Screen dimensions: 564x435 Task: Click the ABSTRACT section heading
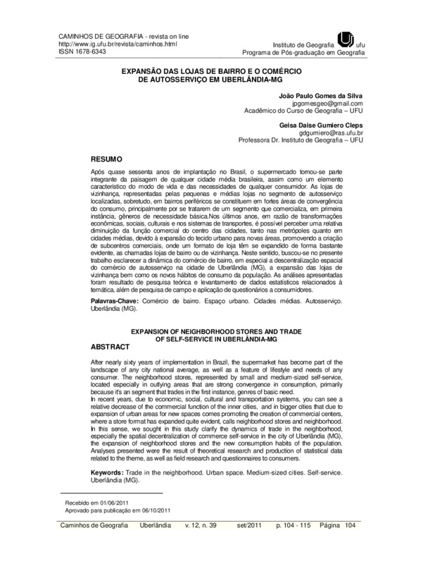[x=112, y=347]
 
